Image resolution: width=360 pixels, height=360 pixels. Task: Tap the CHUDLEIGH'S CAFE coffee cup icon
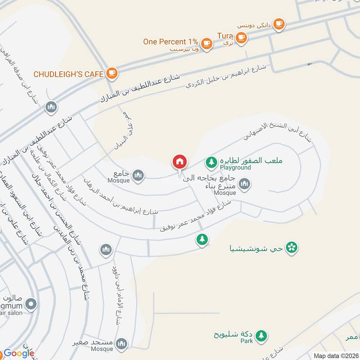coord(112,73)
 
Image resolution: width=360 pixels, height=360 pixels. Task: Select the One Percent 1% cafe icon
coord(207,42)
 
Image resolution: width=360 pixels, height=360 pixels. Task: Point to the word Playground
coord(235,168)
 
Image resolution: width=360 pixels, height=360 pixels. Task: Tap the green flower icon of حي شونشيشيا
coord(292,247)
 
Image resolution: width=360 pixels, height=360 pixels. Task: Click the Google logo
coord(19,353)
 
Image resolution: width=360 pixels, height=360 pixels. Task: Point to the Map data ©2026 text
coord(335,355)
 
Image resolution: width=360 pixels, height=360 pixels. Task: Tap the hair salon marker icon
coord(31,305)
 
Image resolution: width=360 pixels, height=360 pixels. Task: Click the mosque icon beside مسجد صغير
coord(121,344)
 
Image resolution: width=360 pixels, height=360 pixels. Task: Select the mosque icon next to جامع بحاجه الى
coord(244,184)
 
